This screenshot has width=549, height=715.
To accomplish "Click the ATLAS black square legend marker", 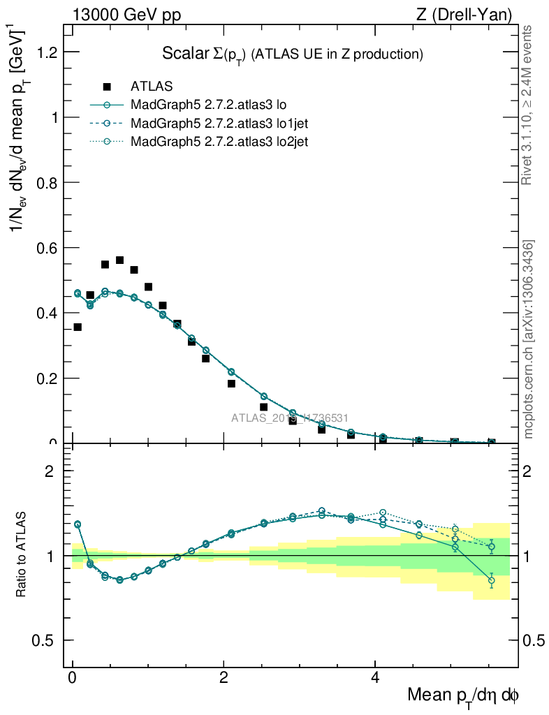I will coord(107,87).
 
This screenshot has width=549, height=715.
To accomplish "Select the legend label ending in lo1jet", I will coord(219,123).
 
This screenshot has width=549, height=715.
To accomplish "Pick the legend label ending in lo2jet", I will coord(219,141).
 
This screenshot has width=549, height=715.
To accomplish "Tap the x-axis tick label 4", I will coord(375,678).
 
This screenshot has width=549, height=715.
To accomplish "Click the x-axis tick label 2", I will coord(224,678).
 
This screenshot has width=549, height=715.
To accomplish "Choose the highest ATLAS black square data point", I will coord(119,260).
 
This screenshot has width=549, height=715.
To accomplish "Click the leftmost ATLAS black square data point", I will coord(78,327).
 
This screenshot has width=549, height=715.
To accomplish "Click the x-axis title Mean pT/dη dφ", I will coord(463,695).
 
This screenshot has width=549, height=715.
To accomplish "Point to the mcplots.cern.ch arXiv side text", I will coord(529,339).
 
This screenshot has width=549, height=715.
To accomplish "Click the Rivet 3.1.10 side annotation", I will coord(529,105).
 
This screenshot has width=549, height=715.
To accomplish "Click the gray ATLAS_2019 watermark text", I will coord(290,418).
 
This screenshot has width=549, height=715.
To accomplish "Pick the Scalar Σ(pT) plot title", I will coord(293,54).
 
